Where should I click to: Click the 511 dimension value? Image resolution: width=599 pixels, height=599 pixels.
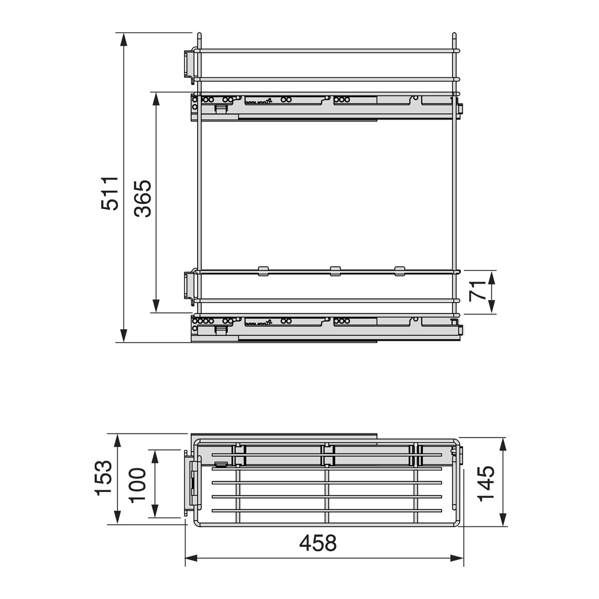point(109,193)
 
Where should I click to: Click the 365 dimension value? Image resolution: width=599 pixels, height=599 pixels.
point(143,198)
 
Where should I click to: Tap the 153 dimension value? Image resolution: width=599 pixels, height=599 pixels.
point(103,478)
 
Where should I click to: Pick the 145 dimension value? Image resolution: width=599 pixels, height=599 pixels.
point(486,483)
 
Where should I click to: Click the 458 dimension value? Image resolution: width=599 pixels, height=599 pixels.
point(318,543)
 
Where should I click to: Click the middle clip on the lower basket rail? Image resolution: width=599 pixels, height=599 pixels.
point(335,271)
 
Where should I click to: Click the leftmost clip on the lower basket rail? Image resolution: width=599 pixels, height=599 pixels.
point(263,271)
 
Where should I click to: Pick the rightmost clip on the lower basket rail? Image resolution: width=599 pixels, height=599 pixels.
point(400,271)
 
